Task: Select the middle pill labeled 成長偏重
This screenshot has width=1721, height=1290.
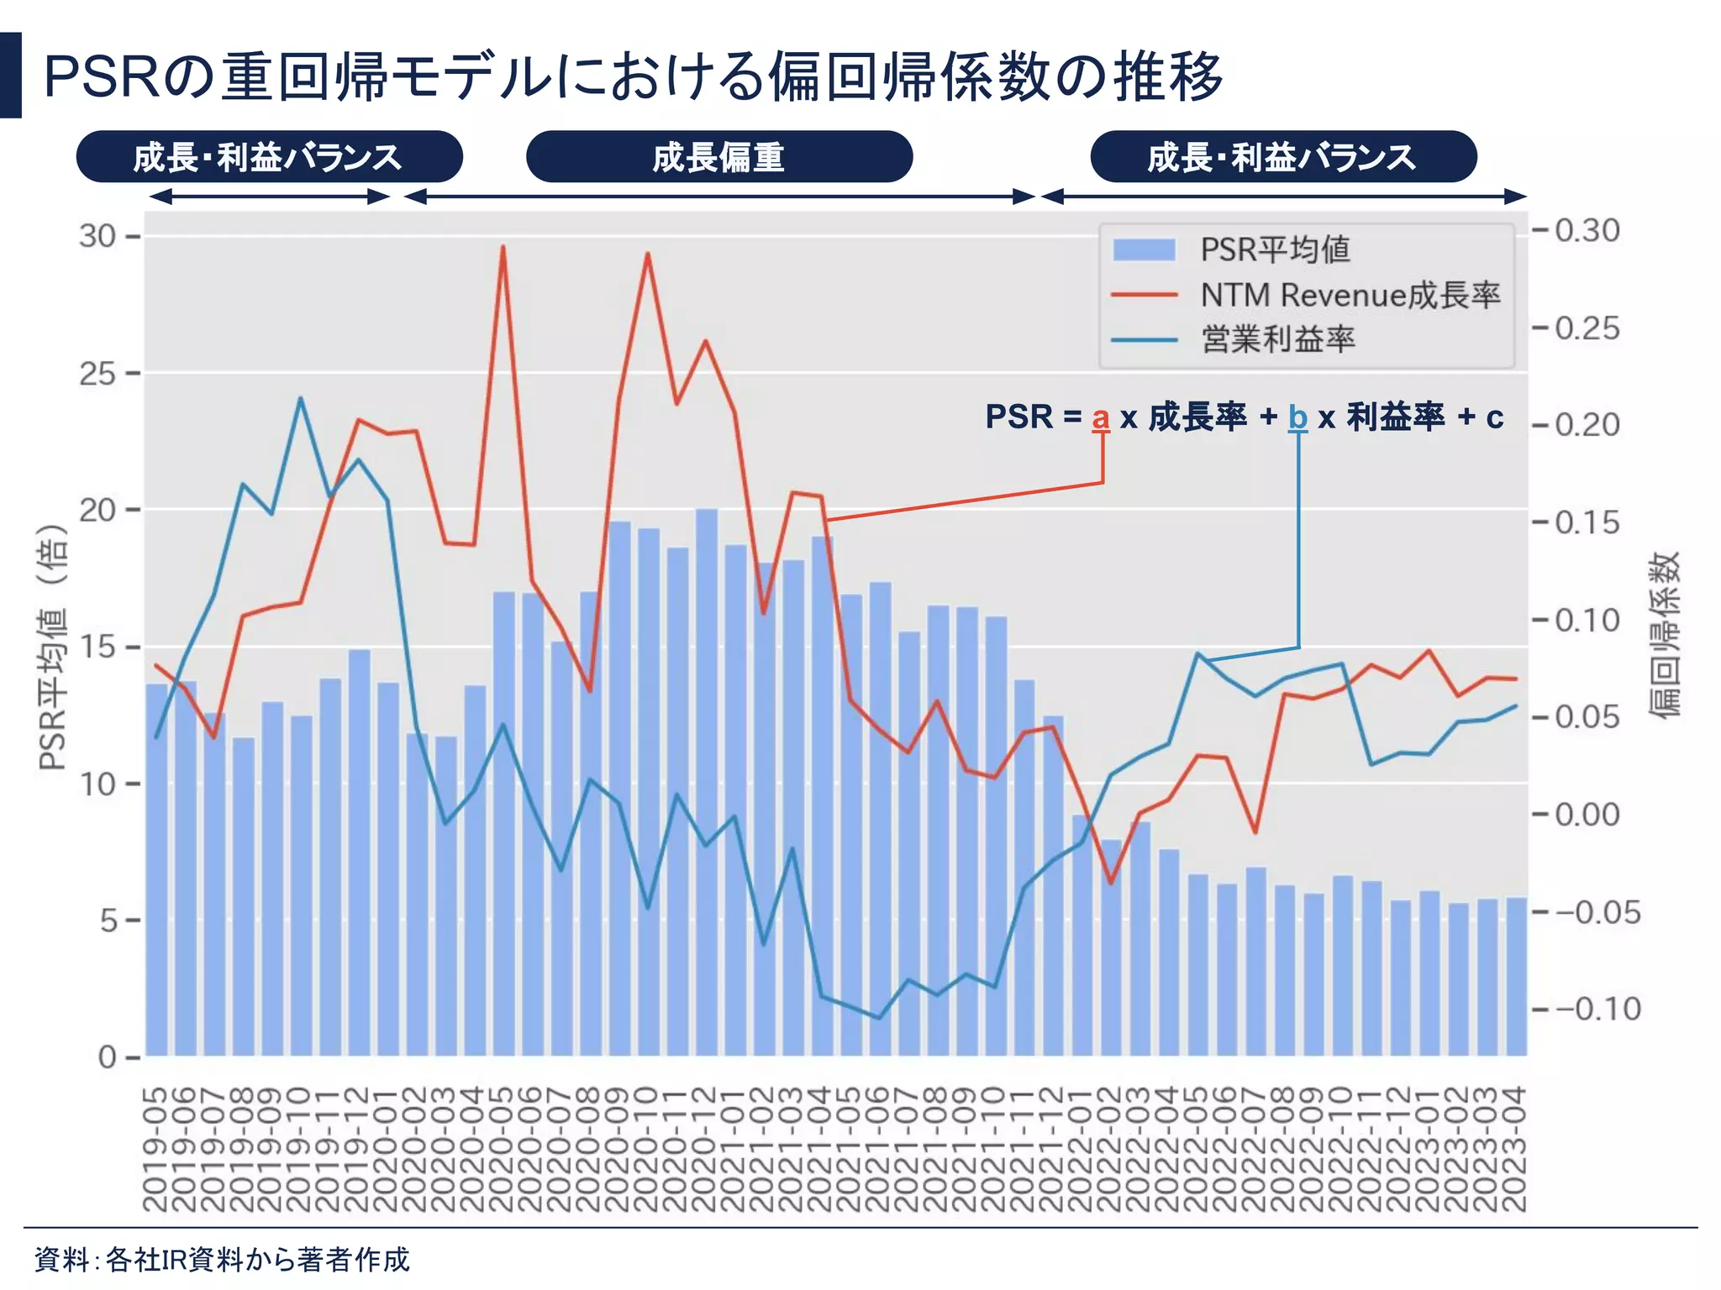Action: click(718, 157)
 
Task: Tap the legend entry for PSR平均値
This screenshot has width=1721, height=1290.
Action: click(1275, 250)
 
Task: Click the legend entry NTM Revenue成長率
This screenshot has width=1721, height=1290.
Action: click(1350, 296)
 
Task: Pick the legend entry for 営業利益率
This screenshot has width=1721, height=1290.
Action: click(1277, 340)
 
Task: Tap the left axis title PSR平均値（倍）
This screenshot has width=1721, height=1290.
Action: click(53, 647)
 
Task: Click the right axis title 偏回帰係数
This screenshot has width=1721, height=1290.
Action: click(1664, 634)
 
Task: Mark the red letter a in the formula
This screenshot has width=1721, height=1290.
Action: click(1100, 417)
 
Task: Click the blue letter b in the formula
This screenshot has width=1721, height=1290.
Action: click(1297, 417)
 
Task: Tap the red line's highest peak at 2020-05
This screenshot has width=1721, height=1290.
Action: click(503, 247)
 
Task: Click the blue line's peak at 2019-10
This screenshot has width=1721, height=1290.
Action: click(301, 398)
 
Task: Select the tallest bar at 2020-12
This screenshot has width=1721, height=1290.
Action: click(706, 781)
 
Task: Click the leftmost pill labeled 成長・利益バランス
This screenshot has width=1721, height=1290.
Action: click(269, 157)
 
